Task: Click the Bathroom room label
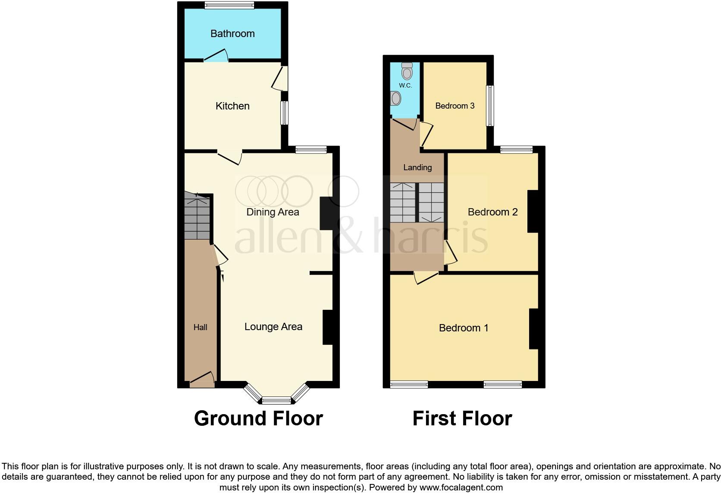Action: pyautogui.click(x=232, y=34)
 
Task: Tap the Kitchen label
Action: pyautogui.click(x=232, y=106)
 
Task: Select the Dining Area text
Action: pyautogui.click(x=273, y=212)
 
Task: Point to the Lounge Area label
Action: pyautogui.click(x=273, y=327)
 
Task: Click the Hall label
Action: pyautogui.click(x=200, y=328)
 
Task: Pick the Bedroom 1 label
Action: pyautogui.click(x=464, y=328)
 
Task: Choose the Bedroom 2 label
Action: pyautogui.click(x=492, y=212)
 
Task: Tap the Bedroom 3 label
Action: pyautogui.click(x=455, y=106)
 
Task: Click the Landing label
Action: pyautogui.click(x=417, y=168)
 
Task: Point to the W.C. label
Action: pyautogui.click(x=405, y=85)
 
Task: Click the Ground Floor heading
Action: pyautogui.click(x=258, y=418)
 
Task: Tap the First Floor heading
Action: pyautogui.click(x=462, y=418)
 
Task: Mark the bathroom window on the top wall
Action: pyautogui.click(x=229, y=5)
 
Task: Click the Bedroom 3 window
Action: pyautogui.click(x=490, y=106)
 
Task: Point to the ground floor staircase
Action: pyautogui.click(x=197, y=216)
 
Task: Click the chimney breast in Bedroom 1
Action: pyautogui.click(x=534, y=328)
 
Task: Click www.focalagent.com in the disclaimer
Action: pyautogui.click(x=461, y=488)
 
